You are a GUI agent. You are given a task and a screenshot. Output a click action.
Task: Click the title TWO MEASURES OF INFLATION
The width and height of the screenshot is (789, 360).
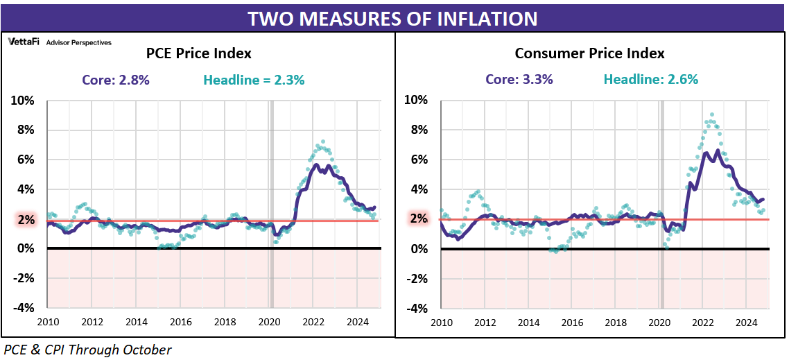[x=393, y=18]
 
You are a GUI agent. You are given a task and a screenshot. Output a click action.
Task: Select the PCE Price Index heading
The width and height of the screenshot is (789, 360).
[x=198, y=53]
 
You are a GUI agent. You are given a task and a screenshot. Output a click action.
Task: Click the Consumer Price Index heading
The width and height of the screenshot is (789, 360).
[x=589, y=53]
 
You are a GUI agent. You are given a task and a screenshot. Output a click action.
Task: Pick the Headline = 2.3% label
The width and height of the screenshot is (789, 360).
[x=254, y=80]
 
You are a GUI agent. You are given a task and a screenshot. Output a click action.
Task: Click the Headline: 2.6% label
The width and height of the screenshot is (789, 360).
[x=650, y=80]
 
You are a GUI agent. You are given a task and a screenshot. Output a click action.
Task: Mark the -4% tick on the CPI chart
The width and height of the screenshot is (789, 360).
[x=415, y=309]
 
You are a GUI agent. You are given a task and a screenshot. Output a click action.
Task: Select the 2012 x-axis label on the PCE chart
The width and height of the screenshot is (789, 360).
[x=92, y=322]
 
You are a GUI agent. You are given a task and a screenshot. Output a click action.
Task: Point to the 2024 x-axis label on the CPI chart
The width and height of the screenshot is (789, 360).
[x=746, y=322]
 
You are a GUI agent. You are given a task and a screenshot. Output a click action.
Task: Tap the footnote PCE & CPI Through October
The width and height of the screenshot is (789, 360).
[x=87, y=350]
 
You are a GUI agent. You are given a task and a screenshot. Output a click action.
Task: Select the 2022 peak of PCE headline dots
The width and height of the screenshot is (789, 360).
[x=321, y=142]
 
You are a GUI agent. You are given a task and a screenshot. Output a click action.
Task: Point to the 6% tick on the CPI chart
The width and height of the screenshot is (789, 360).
[x=417, y=160]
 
